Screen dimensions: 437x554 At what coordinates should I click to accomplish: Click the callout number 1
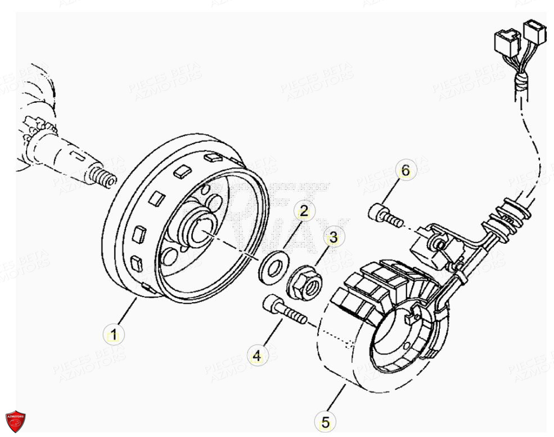(114, 335)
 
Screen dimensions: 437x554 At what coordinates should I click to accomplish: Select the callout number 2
(304, 212)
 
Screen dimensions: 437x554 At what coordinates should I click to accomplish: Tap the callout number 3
(334, 238)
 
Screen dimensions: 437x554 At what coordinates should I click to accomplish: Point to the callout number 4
(256, 355)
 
